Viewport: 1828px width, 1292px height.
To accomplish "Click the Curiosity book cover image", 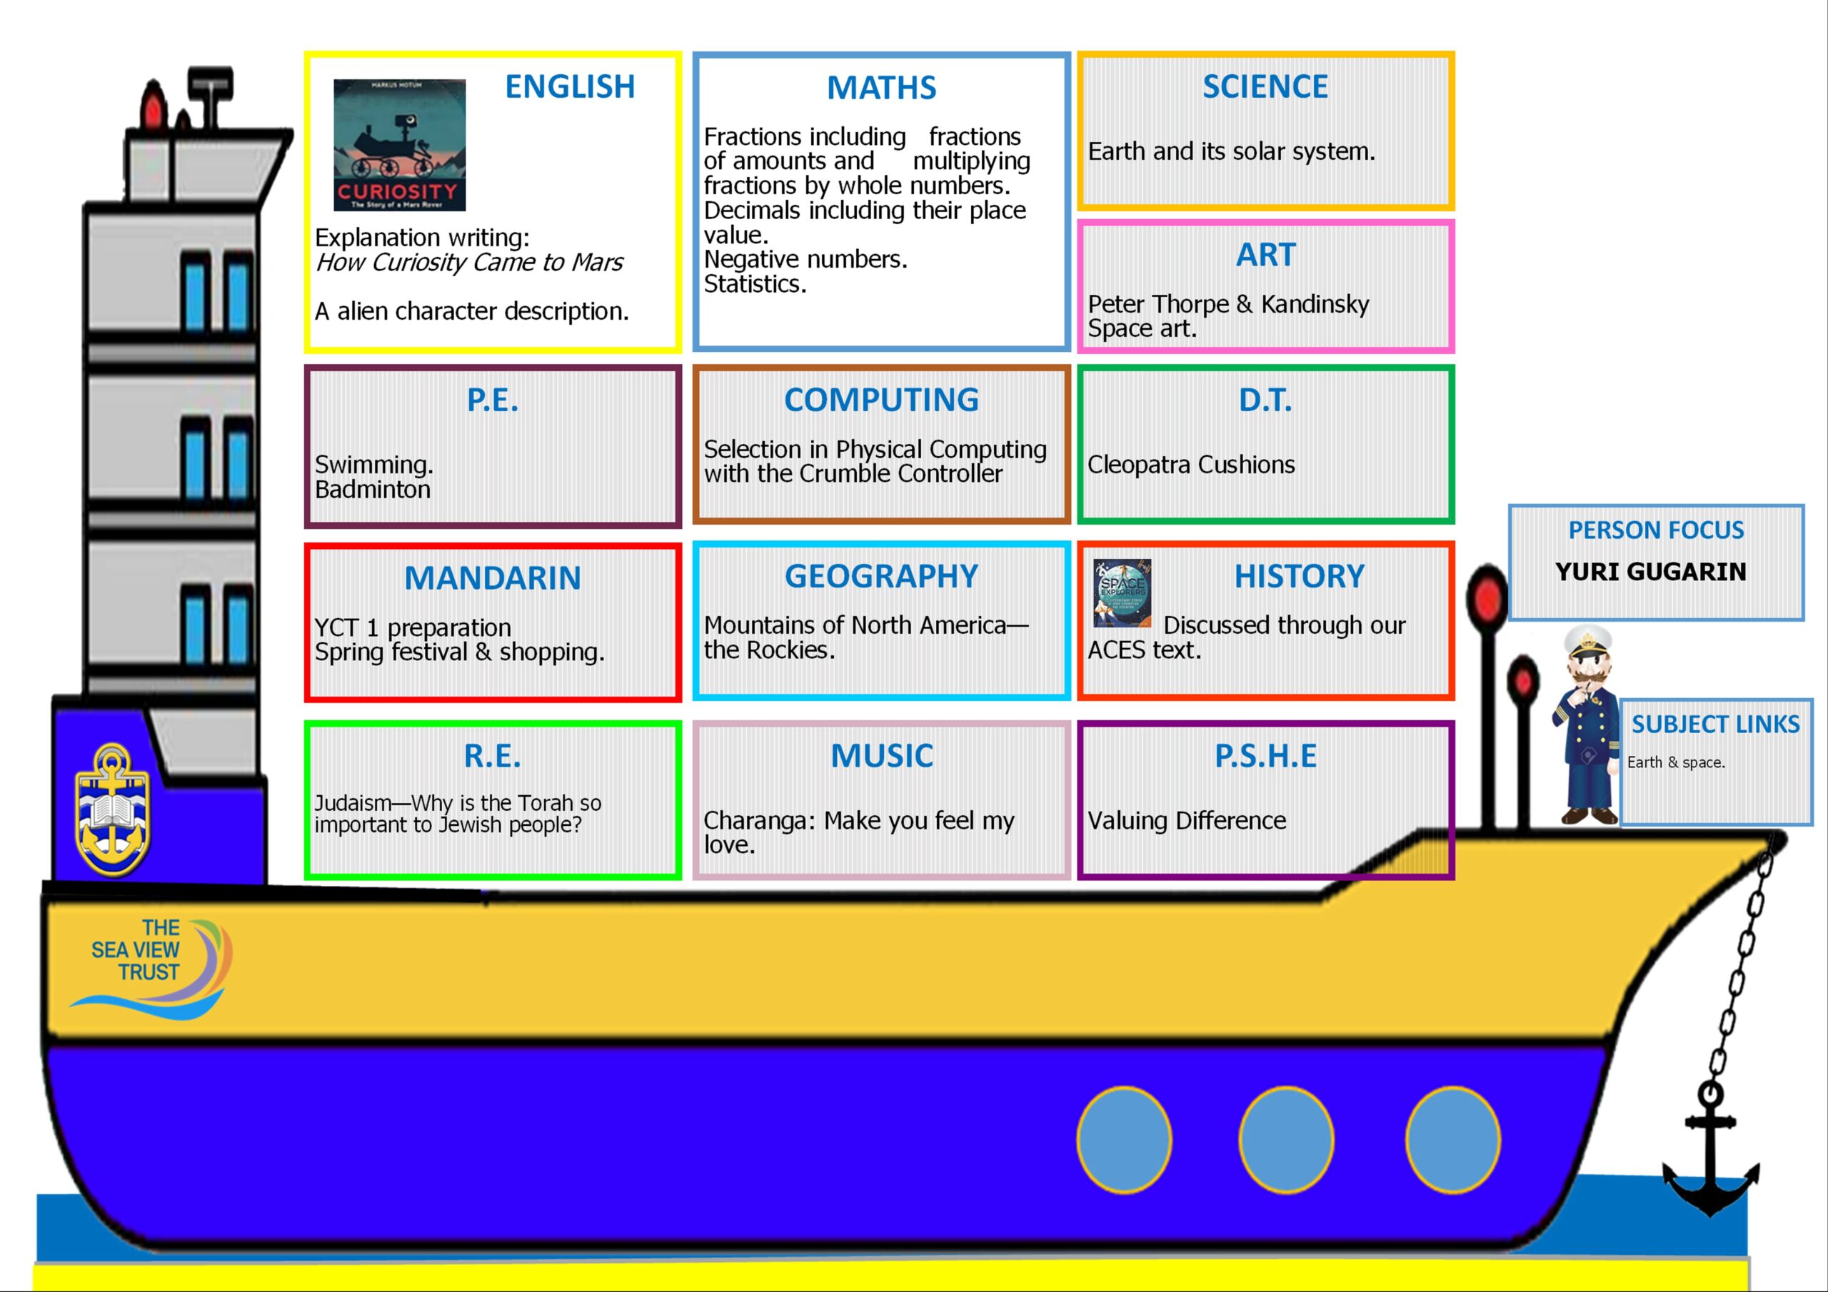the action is tap(400, 145).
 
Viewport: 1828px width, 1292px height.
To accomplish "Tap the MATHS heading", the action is tap(881, 88).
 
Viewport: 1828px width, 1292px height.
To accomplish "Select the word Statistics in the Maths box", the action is tap(754, 284).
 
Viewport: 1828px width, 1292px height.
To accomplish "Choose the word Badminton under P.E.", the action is tap(373, 490).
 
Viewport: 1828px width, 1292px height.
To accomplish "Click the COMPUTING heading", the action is tap(881, 400).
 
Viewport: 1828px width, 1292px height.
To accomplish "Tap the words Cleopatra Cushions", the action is tap(1191, 465).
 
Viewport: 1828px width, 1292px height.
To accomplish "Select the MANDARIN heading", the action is tap(493, 579).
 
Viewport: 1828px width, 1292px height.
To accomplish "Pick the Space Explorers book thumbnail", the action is tap(1123, 593).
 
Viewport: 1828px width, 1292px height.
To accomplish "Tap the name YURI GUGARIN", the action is tap(1650, 572).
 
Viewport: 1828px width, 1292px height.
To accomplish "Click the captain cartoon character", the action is tap(1587, 725).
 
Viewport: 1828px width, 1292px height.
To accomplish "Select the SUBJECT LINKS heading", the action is tap(1716, 725).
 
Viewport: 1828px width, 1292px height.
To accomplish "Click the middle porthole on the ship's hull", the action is tap(1286, 1140).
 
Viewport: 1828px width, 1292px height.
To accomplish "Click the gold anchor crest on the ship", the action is tap(112, 809).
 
